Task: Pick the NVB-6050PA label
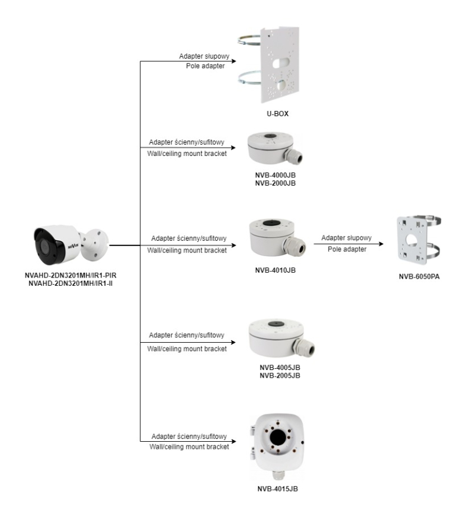[x=423, y=276]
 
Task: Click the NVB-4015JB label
[x=277, y=490]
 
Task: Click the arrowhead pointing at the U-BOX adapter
[x=233, y=62]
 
